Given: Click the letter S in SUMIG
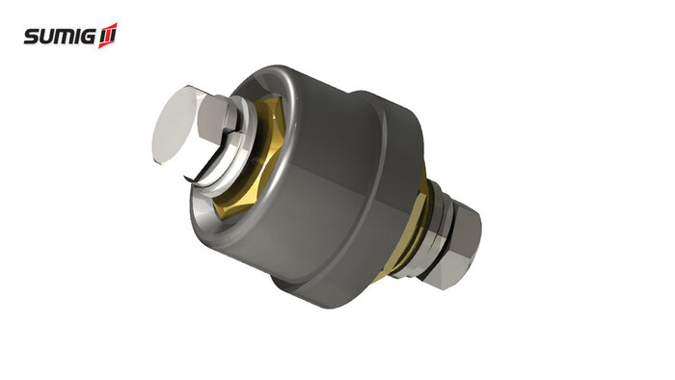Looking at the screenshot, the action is (x=32, y=37).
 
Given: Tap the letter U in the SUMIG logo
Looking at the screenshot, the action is (x=47, y=37).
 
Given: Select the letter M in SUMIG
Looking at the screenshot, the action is (x=64, y=37).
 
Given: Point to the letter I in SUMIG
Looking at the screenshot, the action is (x=76, y=37).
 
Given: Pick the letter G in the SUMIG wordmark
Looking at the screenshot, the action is (x=88, y=37).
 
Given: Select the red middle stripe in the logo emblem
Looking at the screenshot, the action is (x=108, y=36).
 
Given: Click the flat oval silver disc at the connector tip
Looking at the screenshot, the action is (x=174, y=124).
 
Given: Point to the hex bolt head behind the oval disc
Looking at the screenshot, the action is (x=215, y=119).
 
